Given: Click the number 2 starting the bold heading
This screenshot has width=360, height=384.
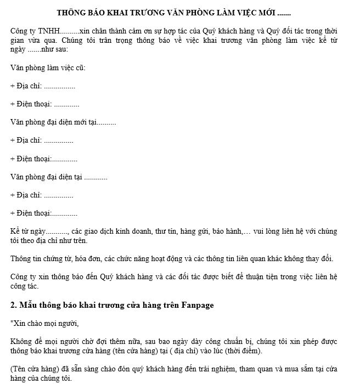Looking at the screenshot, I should pos(13,305).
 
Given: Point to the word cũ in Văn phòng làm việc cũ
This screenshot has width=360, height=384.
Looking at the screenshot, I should pos(80,67).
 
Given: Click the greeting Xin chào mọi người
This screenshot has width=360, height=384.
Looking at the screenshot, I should pos(47,323).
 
